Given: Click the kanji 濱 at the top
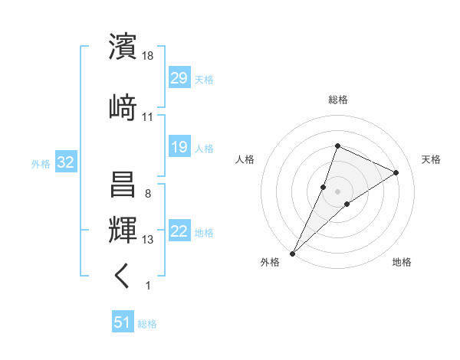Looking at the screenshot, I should (123, 47).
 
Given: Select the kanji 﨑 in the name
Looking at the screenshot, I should (123, 106).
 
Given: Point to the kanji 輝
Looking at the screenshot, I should (123, 229).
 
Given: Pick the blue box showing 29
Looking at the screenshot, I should (179, 78).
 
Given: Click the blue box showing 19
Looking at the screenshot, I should (179, 147).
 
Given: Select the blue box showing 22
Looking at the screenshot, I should (179, 231).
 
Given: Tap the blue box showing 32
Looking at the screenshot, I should (65, 162).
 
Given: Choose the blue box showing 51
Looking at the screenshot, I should (123, 322).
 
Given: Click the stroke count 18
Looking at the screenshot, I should (148, 56).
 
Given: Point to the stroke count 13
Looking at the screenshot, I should (148, 240).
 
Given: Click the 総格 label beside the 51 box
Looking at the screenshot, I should (147, 324).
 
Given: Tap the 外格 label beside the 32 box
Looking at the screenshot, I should (41, 163).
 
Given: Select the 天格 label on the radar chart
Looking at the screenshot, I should (431, 159).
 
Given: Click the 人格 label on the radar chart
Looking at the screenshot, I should (245, 159).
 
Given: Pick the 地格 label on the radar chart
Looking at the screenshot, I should (402, 262).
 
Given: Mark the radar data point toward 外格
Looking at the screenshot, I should (292, 253).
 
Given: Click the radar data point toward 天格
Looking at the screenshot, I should (396, 172).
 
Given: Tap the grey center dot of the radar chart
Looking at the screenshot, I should (337, 191).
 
